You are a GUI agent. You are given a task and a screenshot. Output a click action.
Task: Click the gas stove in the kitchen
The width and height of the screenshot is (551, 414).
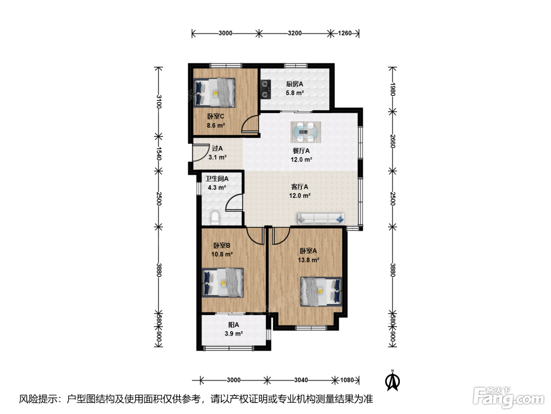coord(265,89)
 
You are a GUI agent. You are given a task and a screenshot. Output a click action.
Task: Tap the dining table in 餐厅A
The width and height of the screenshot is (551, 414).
coord(306,132)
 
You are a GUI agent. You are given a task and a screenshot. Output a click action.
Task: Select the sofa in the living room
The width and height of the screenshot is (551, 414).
coord(321,219)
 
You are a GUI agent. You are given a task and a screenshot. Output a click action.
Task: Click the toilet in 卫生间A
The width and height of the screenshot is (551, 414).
coord(215,218)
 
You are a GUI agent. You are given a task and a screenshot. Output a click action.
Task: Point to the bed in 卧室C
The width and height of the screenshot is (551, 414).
coord(214,93)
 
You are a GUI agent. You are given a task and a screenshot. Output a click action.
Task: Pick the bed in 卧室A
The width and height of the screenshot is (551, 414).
coord(321,292)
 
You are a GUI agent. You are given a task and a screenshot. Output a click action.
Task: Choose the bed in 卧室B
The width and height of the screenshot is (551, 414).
coord(223,283)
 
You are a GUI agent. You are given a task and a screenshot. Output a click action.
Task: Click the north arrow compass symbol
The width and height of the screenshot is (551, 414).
coord(393,380)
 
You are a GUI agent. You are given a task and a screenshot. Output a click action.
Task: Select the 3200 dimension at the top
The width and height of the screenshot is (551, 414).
coord(295,33)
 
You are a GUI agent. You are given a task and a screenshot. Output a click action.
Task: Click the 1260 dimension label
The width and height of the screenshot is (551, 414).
coord(345,33)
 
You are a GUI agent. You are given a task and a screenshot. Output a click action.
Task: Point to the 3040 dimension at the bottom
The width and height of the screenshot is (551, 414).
coord(301,380)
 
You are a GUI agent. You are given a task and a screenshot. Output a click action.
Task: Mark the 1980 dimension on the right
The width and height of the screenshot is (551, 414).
coord(393,89)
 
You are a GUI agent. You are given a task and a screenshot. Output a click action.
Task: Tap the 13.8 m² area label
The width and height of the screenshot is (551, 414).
coord(309,260)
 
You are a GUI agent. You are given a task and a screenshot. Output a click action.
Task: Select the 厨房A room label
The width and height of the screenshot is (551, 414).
coord(295,84)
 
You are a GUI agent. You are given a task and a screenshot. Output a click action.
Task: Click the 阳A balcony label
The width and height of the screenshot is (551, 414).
coord(233,325)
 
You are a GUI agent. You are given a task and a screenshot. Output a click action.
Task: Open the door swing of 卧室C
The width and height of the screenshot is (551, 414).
coord(250,124)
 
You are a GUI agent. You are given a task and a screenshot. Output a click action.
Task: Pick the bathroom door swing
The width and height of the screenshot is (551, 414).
coord(234,202)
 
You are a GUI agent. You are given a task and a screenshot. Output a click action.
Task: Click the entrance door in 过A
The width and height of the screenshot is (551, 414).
coord(201,153)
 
